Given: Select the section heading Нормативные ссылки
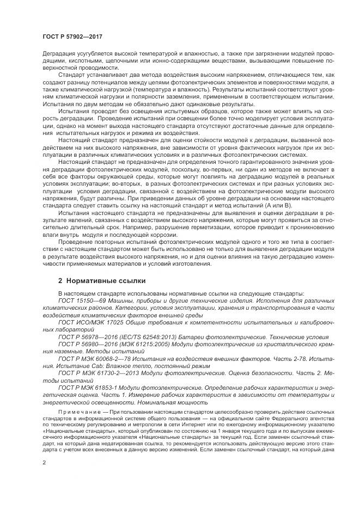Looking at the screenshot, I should [102, 281].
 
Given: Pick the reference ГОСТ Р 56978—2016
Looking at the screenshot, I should [86, 337].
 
